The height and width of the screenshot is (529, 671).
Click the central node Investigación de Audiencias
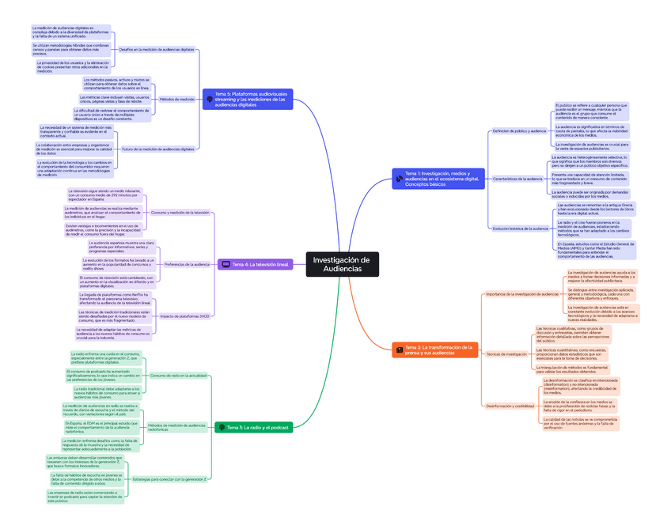click(x=341, y=265)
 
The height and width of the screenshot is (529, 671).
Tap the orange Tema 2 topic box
click(x=434, y=350)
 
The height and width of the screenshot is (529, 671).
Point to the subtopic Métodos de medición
click(x=176, y=99)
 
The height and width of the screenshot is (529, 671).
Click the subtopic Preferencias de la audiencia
click(x=187, y=264)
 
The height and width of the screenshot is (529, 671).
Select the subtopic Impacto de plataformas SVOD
click(x=184, y=316)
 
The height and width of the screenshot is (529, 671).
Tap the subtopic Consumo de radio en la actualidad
click(x=177, y=376)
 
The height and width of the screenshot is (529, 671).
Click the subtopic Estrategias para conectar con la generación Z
click(x=169, y=479)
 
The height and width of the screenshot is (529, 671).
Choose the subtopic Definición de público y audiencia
click(x=518, y=130)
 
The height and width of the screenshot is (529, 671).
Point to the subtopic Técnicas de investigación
click(x=506, y=354)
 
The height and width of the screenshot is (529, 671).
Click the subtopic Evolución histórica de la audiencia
click(x=520, y=229)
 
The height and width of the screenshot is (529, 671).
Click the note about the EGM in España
click(x=101, y=428)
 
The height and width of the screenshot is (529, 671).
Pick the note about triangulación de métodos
click(x=571, y=369)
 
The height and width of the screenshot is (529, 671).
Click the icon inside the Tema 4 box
click(x=226, y=264)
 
